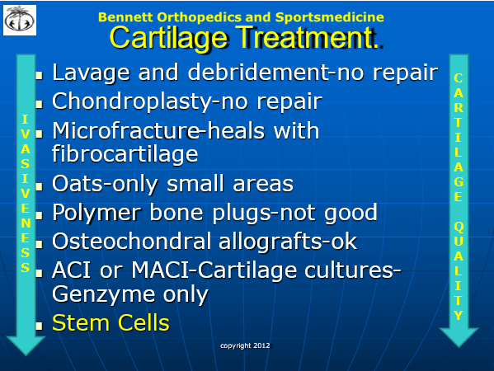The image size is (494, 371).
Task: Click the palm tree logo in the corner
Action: tap(20, 20)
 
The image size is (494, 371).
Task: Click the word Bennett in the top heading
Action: tap(125, 17)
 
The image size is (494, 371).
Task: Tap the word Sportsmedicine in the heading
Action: tap(330, 17)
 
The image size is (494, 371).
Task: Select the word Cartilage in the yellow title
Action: tap(168, 38)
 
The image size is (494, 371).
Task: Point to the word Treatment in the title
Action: tap(304, 37)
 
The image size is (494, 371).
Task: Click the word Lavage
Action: tap(91, 73)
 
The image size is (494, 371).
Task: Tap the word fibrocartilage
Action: tap(125, 154)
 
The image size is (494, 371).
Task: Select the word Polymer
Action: tap(96, 213)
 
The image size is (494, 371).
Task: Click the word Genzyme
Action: tap(103, 295)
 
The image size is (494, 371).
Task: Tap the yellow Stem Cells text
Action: tap(111, 323)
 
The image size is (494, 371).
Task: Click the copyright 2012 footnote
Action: tap(245, 345)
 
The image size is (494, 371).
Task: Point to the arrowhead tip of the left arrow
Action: tap(26, 355)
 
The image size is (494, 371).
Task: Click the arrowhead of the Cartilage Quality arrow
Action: tap(459, 338)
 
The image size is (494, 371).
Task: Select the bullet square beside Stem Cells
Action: tap(39, 326)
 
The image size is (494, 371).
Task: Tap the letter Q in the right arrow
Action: tap(459, 227)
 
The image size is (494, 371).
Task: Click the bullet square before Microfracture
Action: tap(39, 134)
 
